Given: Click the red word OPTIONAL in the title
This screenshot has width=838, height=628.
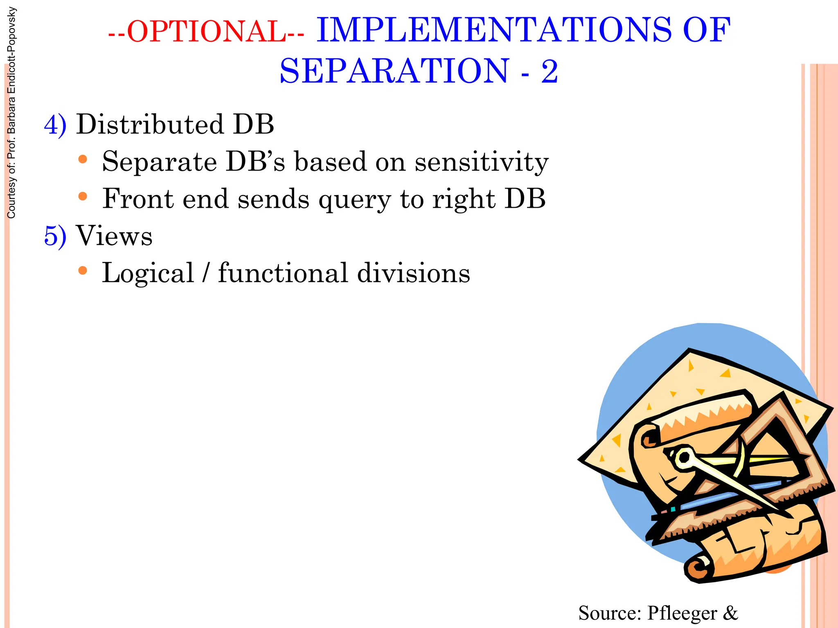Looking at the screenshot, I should pyautogui.click(x=207, y=31).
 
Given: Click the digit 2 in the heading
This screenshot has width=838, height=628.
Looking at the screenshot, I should pyautogui.click(x=549, y=72).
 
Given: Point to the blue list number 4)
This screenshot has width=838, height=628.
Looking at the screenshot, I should pyautogui.click(x=55, y=125).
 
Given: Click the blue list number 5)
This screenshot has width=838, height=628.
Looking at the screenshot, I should pyautogui.click(x=55, y=236).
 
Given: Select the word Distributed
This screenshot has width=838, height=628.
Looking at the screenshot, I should pyautogui.click(x=150, y=124).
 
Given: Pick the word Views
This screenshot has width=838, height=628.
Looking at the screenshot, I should pyautogui.click(x=114, y=236).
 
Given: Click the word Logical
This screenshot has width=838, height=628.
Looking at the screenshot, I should pyautogui.click(x=148, y=273).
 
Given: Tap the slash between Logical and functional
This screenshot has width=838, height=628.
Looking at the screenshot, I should pyautogui.click(x=206, y=273).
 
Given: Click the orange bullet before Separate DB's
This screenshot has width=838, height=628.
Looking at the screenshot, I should pyautogui.click(x=83, y=159).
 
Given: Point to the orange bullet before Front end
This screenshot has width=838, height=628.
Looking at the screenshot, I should pyautogui.click(x=83, y=197).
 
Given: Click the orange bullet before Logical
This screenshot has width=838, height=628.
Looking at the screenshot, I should pyautogui.click(x=83, y=271).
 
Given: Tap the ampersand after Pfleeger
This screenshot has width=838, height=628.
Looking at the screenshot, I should pyautogui.click(x=730, y=613).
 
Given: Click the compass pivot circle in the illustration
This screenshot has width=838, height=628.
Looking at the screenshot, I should pyautogui.click(x=683, y=458).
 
